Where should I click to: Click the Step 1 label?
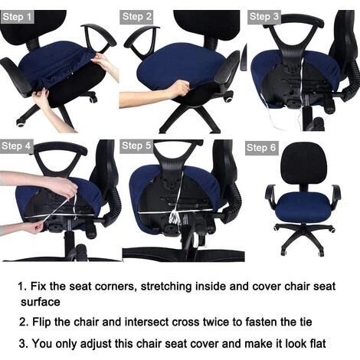pyautogui.click(x=18, y=16)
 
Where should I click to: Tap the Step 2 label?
pyautogui.click(x=137, y=16)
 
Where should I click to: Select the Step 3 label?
pyautogui.click(x=264, y=16)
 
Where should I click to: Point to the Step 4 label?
pyautogui.click(x=16, y=145)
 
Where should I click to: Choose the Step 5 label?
pyautogui.click(x=137, y=145)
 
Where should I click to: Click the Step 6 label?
pyautogui.click(x=261, y=147)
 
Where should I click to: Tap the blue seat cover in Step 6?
pyautogui.click(x=299, y=211)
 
